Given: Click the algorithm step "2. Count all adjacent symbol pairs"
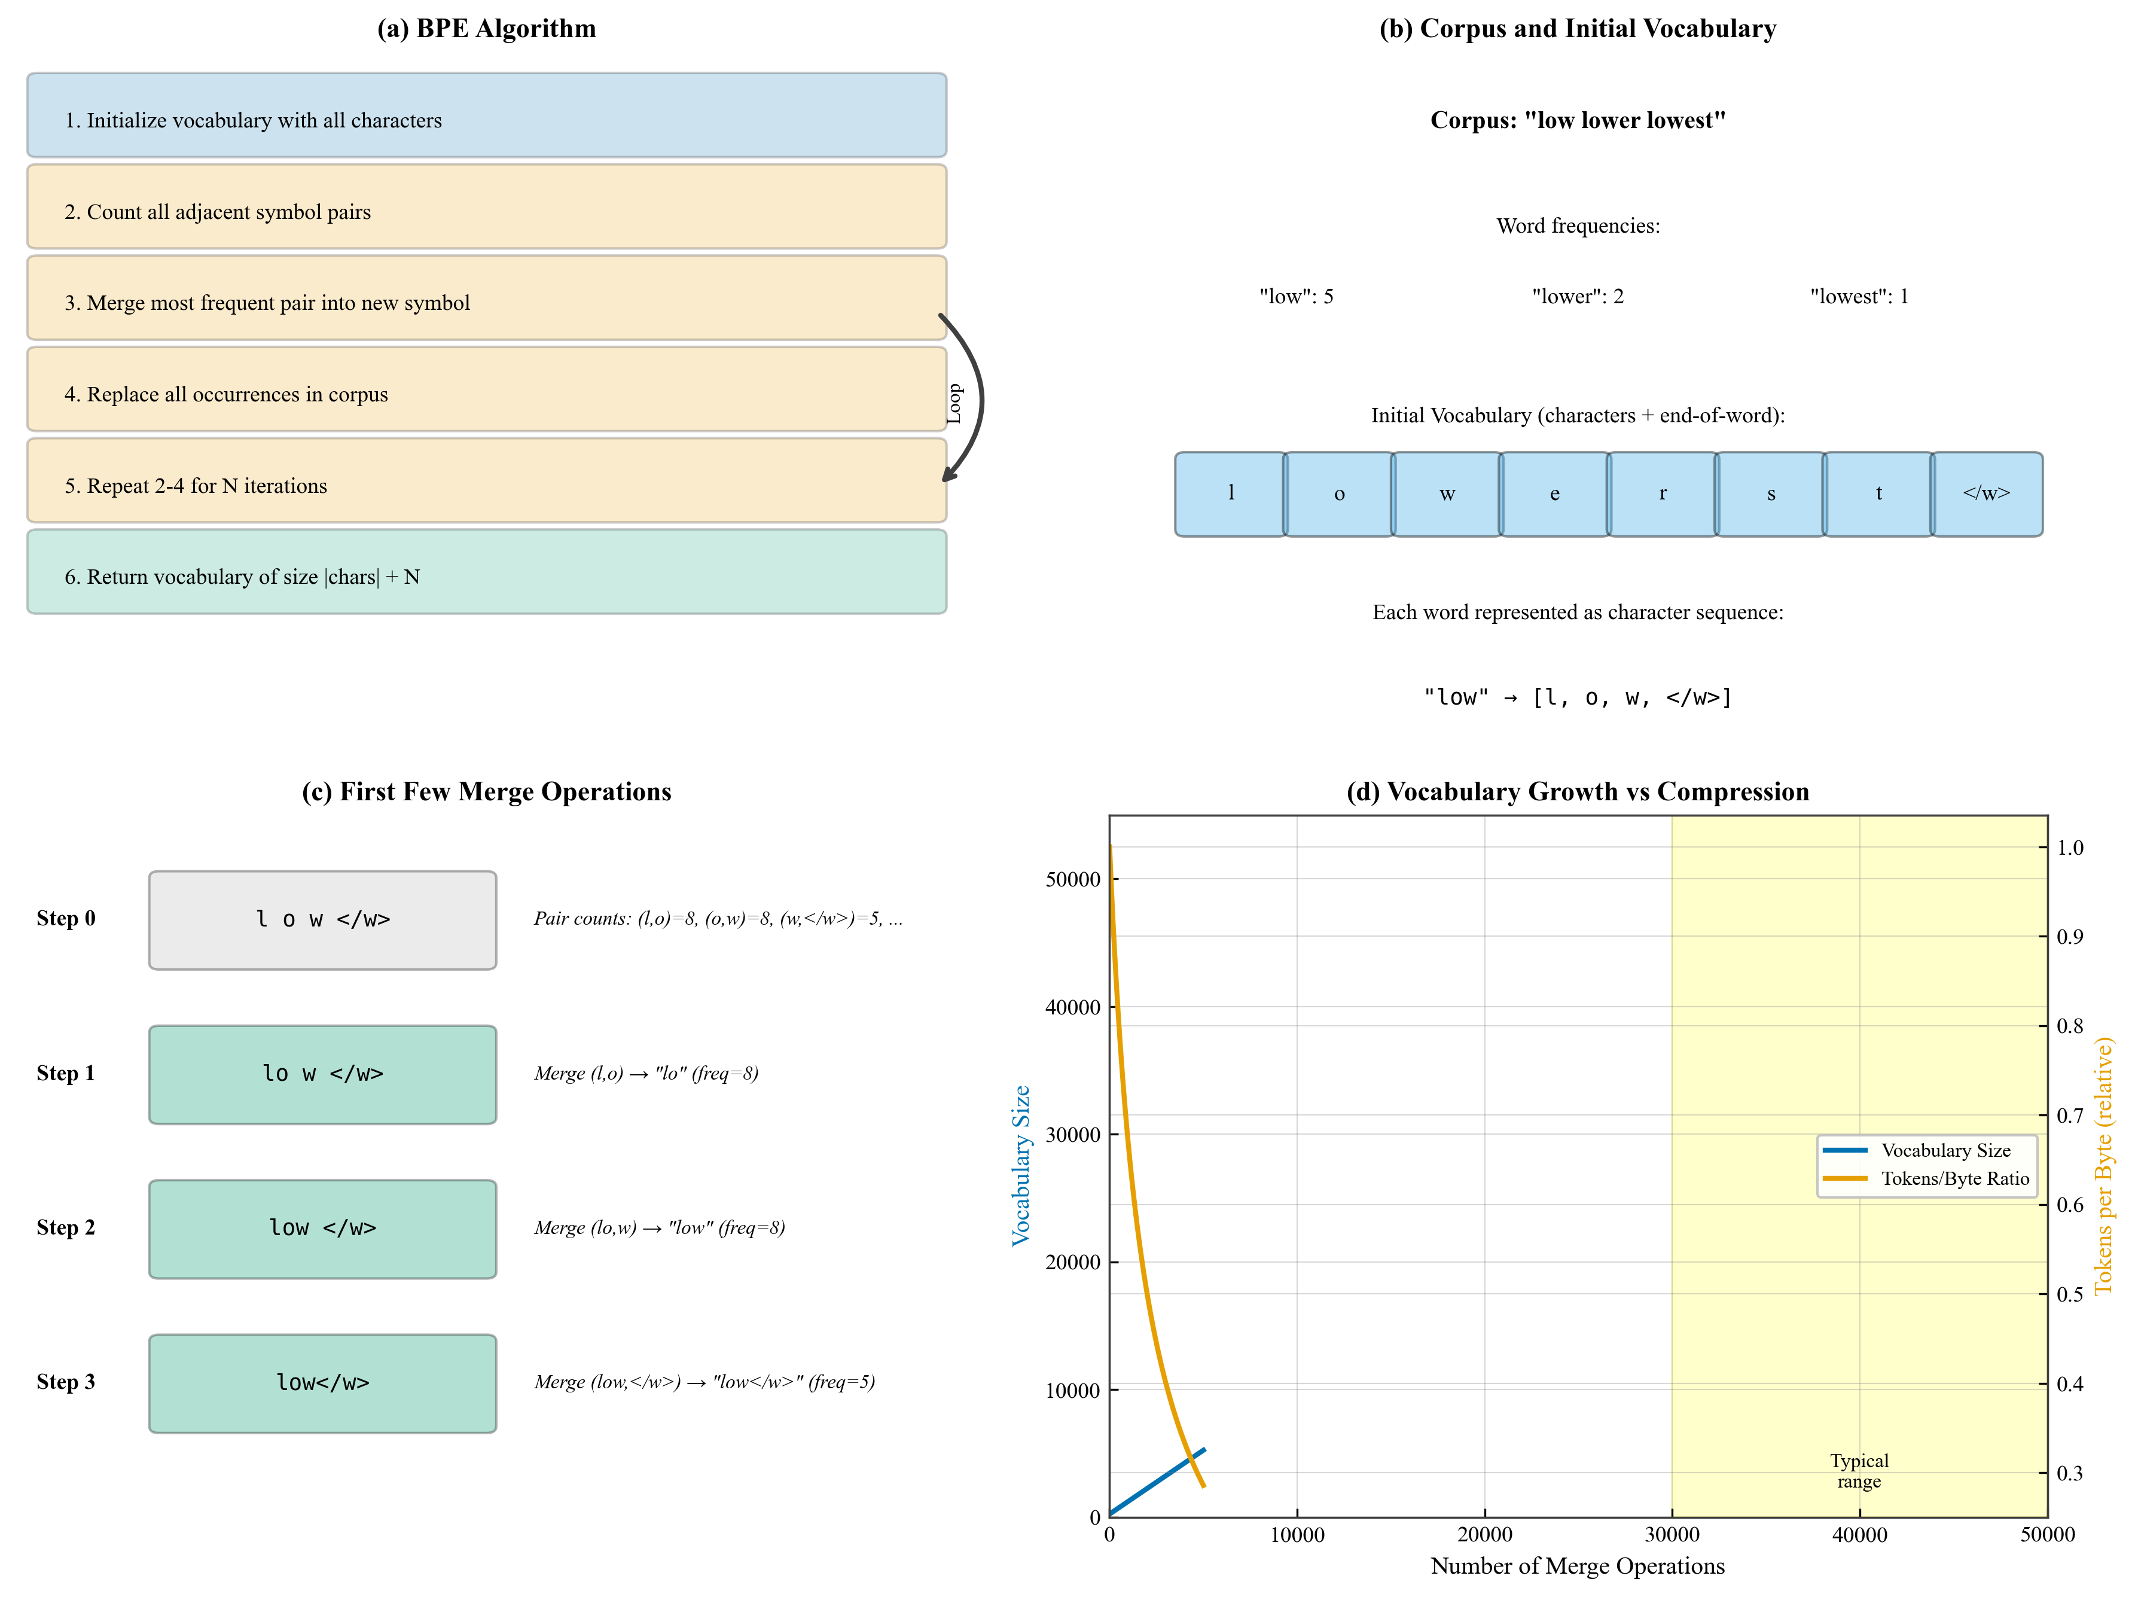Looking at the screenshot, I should pyautogui.click(x=486, y=206).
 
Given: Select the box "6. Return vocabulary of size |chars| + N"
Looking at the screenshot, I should pyautogui.click(x=486, y=572).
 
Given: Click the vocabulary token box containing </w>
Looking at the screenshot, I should pyautogui.click(x=1986, y=493).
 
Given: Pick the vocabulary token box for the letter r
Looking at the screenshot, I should pyautogui.click(x=1662, y=493).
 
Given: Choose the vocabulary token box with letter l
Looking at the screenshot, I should pyautogui.click(x=1231, y=493).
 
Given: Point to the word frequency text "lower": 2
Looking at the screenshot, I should pyautogui.click(x=1577, y=297).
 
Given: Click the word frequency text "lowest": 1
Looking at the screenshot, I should pyautogui.click(x=1859, y=297).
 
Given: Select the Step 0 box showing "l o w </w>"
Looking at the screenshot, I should pyautogui.click(x=322, y=920).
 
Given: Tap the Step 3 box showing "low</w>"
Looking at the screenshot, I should pyautogui.click(x=322, y=1383).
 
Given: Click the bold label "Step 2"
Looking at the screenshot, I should pyautogui.click(x=66, y=1228).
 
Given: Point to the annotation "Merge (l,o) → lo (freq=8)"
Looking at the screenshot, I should pyautogui.click(x=646, y=1074).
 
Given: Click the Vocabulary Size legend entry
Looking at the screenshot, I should pyautogui.click(x=1945, y=1150).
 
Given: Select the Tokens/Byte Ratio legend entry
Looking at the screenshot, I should pyautogui.click(x=1954, y=1179).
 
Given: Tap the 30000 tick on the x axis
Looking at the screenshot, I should pyautogui.click(x=1672, y=1535).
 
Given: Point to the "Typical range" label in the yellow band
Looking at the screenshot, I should pyautogui.click(x=1859, y=1471).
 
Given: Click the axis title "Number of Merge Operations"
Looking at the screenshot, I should pyautogui.click(x=1577, y=1566).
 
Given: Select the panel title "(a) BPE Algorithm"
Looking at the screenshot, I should pyautogui.click(x=486, y=29).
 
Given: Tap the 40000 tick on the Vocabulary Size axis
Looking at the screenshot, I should pyautogui.click(x=1072, y=1007).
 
